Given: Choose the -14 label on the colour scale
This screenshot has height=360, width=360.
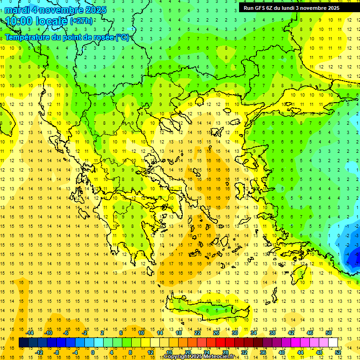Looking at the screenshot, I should [30, 333].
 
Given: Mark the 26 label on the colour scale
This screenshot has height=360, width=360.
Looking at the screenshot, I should [217, 333].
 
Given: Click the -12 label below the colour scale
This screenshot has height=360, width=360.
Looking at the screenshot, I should [39, 352].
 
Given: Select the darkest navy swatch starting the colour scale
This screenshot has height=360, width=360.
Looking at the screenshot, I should [23, 343].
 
